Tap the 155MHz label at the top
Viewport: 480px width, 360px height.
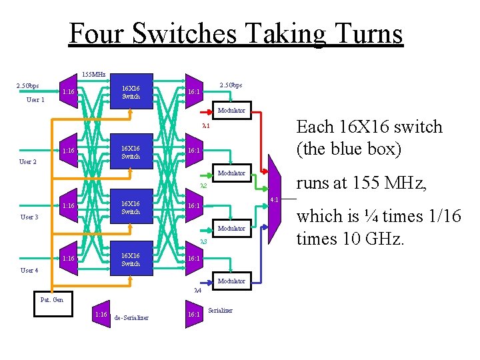(x=93, y=74)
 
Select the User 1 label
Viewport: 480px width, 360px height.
(x=35, y=100)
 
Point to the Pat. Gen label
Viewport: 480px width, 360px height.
(x=52, y=300)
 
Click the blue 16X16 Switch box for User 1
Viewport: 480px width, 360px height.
(x=131, y=92)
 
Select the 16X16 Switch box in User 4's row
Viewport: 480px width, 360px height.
(x=131, y=259)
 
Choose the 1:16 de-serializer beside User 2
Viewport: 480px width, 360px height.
(x=68, y=151)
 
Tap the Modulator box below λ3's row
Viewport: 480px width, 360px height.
(x=231, y=281)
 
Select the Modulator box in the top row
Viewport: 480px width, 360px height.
(x=231, y=110)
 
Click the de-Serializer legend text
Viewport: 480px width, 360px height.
(x=131, y=317)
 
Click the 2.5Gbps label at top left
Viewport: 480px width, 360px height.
(x=27, y=86)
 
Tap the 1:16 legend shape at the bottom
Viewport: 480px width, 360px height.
(x=101, y=313)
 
